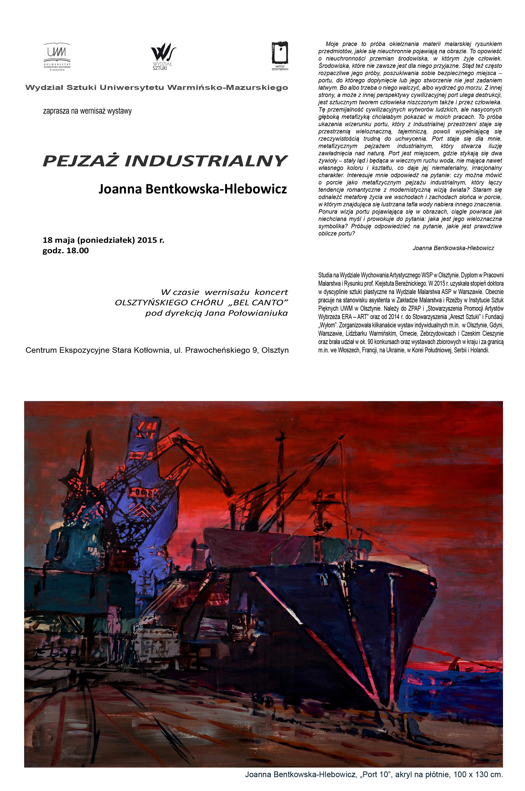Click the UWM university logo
[x=57, y=56]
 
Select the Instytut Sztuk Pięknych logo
[x=280, y=55]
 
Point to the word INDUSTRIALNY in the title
[x=206, y=161]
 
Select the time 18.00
[x=77, y=251]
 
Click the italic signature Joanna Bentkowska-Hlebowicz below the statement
[x=453, y=248]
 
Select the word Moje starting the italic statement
[x=332, y=44]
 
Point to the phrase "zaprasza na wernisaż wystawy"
[x=87, y=111]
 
